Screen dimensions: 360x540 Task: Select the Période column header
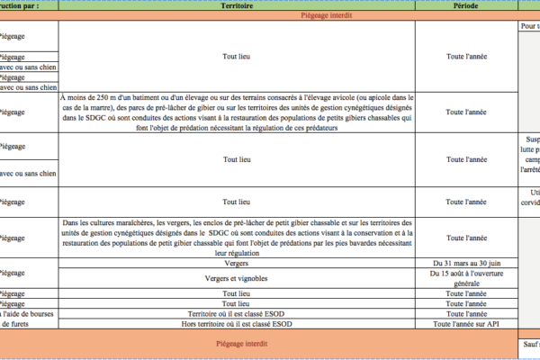tap(465, 5)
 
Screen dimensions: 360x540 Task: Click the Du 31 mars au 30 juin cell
tap(465, 264)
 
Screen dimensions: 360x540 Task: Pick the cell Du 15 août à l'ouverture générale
tap(465, 278)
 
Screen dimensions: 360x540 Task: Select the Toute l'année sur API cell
tap(465, 323)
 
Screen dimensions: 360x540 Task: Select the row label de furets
tap(17, 323)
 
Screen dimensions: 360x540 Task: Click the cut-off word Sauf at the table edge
tap(530, 343)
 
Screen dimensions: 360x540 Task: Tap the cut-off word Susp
tap(531, 139)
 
